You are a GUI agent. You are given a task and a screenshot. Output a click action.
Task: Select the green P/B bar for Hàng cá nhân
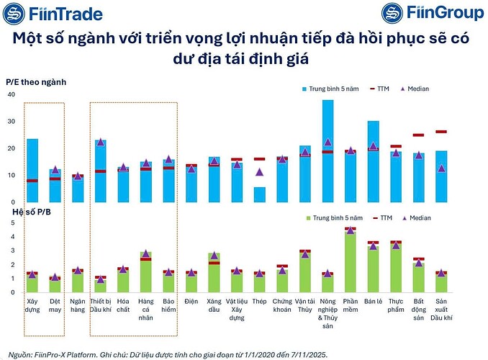click(x=145, y=273)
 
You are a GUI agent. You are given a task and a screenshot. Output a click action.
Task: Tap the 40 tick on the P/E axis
click(x=11, y=94)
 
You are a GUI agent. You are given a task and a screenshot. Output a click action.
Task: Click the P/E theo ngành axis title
click(x=36, y=83)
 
